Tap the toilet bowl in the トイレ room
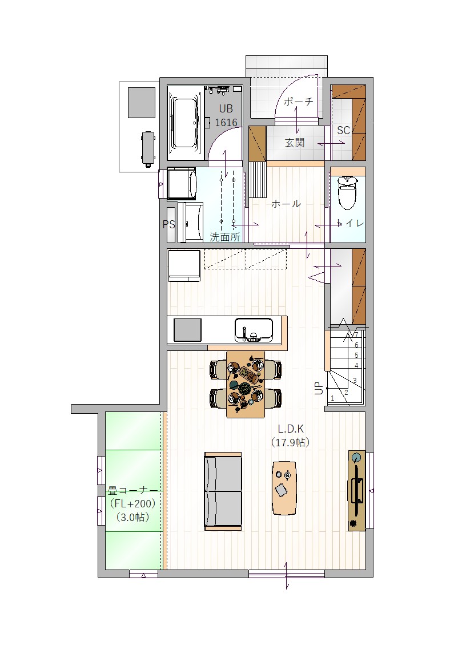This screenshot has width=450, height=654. tap(348, 192)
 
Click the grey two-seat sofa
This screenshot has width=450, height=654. tap(223, 491)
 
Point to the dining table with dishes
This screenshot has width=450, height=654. tap(246, 383)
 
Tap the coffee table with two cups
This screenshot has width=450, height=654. tap(284, 487)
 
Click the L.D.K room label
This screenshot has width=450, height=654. tap(291, 429)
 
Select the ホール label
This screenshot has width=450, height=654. tap(286, 204)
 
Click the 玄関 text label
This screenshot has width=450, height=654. tap(295, 143)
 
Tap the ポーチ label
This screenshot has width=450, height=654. tap(298, 102)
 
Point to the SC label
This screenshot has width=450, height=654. tap(343, 130)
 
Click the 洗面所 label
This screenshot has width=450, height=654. tap(225, 237)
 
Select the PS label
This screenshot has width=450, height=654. tap(168, 224)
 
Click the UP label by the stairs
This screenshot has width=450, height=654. tap(319, 388)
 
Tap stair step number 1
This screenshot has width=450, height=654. tap(332, 398)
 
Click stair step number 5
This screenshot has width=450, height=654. tap(356, 356)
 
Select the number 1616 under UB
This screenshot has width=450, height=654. tap(226, 123)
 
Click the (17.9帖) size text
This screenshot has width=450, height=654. tap(291, 442)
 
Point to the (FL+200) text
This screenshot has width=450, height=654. tap(132, 503)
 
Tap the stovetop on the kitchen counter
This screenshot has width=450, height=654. tap(187, 330)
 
